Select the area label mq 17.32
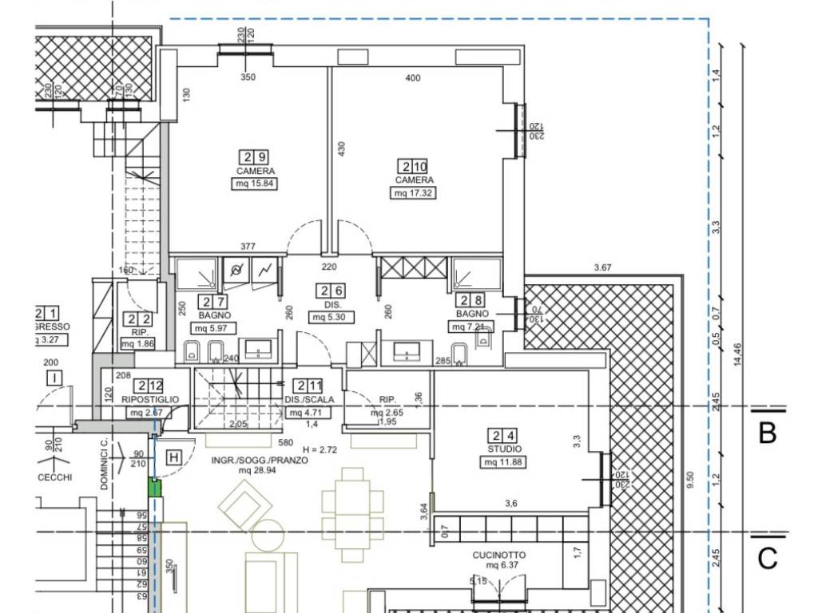click(413, 193)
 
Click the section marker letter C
click(767, 558)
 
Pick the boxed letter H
click(173, 457)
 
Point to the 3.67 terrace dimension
click(602, 267)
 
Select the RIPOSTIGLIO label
click(150, 399)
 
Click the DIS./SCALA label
click(309, 400)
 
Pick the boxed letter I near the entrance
click(54, 378)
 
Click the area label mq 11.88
click(503, 462)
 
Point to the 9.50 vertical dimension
click(689, 479)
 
